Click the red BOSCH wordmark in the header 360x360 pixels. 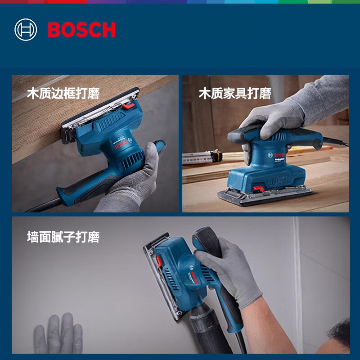(x=81, y=30)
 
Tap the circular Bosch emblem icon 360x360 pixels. (x=26, y=30)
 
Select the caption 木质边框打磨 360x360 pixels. (x=63, y=94)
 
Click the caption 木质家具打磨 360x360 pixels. (x=235, y=94)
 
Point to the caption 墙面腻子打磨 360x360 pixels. (x=63, y=237)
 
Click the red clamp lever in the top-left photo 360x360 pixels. (x=128, y=106)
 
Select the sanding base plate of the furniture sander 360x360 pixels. (x=265, y=197)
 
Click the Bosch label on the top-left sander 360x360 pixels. (x=118, y=145)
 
